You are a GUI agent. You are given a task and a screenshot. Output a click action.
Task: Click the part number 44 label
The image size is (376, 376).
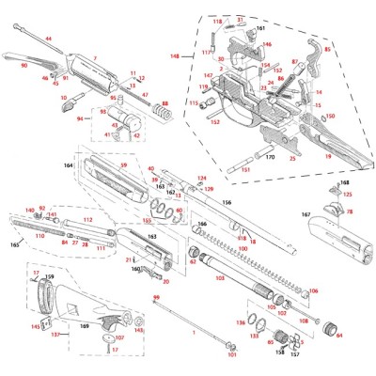[x=48, y=39]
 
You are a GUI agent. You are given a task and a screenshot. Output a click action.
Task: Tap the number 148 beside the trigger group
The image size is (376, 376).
[x=175, y=56]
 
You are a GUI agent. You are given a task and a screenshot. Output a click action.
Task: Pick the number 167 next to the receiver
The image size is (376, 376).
[x=305, y=215]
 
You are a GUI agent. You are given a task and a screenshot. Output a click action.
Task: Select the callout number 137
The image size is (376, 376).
[x=54, y=334]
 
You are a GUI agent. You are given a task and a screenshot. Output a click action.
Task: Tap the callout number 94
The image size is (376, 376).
[x=79, y=119]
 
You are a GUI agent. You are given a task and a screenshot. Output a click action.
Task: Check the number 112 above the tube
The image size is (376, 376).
[x=86, y=219]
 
